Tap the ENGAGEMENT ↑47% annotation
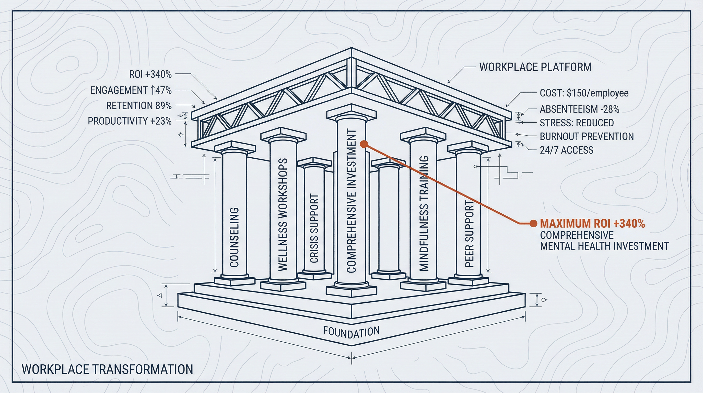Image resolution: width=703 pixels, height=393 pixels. point(131,90)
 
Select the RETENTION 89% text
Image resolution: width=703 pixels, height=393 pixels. point(139,105)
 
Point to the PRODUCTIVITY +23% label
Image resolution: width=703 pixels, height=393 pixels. point(130,121)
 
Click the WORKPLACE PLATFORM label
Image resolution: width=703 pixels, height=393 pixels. point(535,67)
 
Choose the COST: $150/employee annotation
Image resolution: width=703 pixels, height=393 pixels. point(584,93)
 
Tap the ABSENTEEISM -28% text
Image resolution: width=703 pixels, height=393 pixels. point(579,109)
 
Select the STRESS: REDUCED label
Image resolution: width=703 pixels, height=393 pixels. point(577,123)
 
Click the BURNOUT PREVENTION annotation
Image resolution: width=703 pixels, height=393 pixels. point(587,136)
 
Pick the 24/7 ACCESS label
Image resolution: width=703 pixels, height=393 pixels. point(567,150)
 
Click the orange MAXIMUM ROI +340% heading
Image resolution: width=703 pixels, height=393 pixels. point(592,224)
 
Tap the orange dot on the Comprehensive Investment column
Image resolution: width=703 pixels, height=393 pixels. point(364,144)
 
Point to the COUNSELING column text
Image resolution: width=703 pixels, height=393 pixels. point(234,237)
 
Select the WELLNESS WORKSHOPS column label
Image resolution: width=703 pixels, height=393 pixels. point(283,214)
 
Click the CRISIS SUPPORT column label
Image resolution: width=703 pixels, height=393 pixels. point(314,228)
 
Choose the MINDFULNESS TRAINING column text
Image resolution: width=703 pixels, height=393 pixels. point(424,213)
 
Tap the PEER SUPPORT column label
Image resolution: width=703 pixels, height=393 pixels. point(469,234)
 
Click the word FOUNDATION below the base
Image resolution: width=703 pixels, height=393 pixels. point(351,332)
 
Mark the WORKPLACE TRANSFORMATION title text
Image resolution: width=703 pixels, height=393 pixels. point(107,369)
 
